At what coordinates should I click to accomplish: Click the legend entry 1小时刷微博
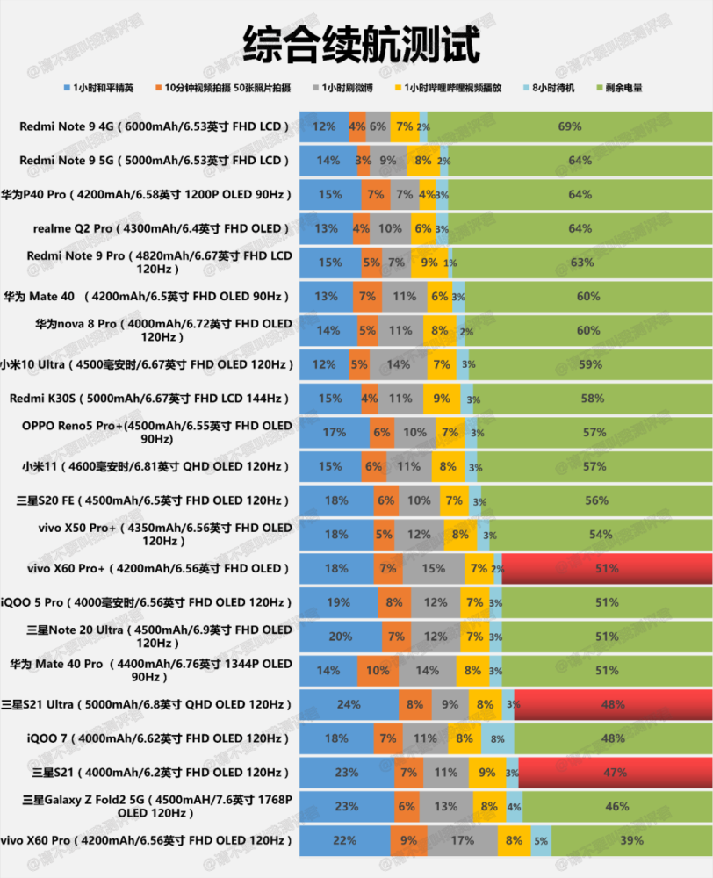345,89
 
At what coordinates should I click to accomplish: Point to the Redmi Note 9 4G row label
155,126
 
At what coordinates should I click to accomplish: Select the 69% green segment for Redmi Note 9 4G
570,126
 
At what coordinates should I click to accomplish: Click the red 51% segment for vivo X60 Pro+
607,569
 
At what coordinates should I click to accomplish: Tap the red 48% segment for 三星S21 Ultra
613,705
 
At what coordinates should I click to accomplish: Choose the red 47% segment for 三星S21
615,773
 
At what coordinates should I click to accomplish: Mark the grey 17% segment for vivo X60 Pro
462,841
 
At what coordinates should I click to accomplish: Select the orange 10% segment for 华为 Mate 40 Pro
378,671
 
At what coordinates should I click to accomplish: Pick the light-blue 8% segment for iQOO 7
497,739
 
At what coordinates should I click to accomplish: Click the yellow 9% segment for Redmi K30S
442,399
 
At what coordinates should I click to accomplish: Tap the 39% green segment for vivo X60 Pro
630,841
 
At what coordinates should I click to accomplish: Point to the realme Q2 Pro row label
161,228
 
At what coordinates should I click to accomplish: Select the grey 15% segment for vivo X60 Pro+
433,569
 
